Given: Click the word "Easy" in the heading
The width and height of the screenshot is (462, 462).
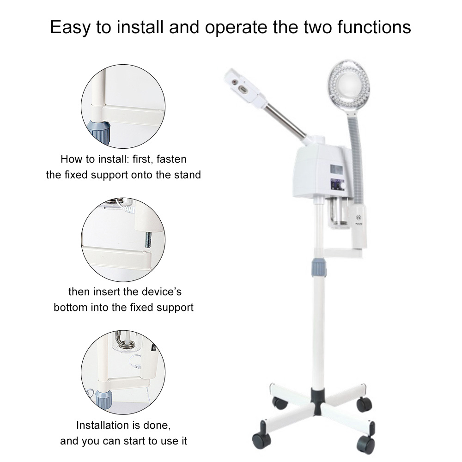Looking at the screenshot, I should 70,27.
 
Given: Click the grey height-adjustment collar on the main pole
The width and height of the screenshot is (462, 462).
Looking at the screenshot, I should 318,268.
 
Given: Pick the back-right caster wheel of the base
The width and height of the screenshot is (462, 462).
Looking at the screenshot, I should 364,403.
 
